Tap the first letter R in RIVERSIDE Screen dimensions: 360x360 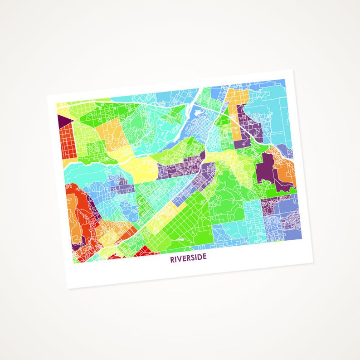pyautogui.click(x=172, y=260)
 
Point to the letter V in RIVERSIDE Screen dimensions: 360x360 pyautogui.click(x=180, y=259)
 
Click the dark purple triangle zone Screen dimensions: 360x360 pyautogui.click(x=63, y=121)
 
